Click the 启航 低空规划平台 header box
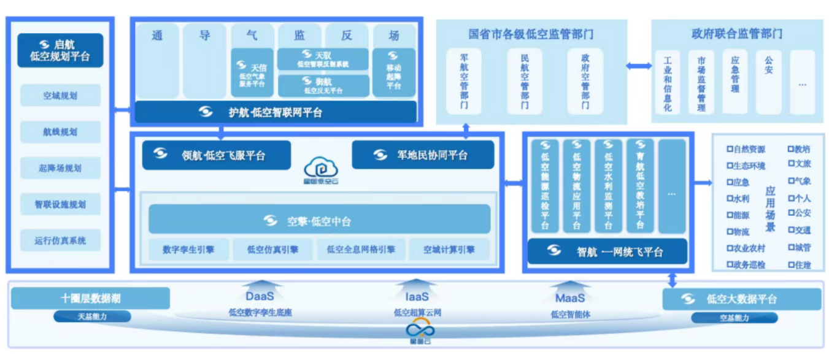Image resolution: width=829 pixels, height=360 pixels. [60, 50]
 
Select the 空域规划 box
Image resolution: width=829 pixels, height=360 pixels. [60, 96]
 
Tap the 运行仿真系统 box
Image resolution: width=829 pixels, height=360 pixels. [60, 240]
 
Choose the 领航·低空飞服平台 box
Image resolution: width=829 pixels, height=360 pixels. [216, 155]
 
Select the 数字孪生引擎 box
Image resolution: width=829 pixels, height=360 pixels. [188, 250]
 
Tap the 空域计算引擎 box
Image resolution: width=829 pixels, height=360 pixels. [449, 250]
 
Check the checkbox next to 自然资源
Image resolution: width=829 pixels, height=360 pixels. [730, 149]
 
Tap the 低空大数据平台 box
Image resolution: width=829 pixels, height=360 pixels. [741, 299]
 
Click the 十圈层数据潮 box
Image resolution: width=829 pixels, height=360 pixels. [90, 298]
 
